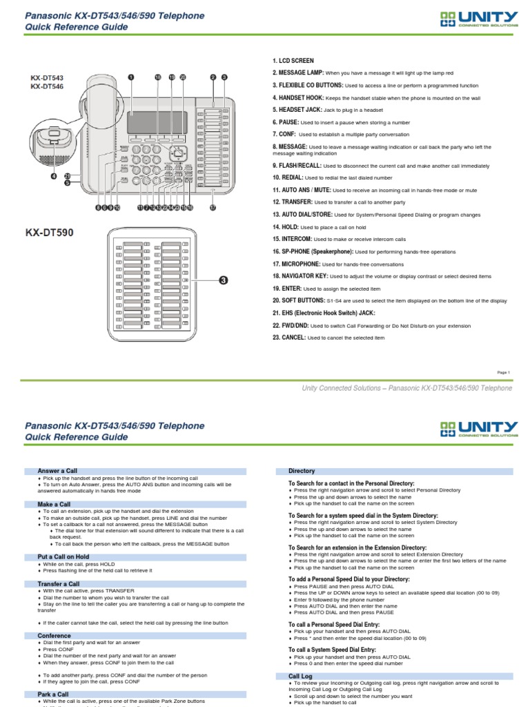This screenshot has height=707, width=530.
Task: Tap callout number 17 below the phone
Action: pyautogui.click(x=213, y=207)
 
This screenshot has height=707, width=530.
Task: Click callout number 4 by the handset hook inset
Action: pyautogui.click(x=53, y=175)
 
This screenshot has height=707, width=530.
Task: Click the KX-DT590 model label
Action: pyautogui.click(x=50, y=233)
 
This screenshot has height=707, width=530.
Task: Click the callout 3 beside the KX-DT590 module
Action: pyautogui.click(x=224, y=280)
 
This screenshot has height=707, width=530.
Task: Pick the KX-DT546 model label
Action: pyautogui.click(x=46, y=87)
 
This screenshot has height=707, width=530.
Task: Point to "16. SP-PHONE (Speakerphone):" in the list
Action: pyautogui.click(x=313, y=251)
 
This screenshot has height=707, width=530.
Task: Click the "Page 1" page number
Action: pyautogui.click(x=503, y=372)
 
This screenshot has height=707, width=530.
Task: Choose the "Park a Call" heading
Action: pyautogui.click(x=53, y=694)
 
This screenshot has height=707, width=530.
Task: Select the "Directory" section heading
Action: pyautogui.click(x=302, y=470)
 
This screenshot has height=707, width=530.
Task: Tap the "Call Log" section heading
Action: pyautogui.click(x=300, y=675)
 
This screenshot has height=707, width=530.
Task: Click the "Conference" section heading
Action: pyautogui.click(x=54, y=635)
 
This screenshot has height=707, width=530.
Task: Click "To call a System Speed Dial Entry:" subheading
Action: pyautogui.click(x=332, y=649)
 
